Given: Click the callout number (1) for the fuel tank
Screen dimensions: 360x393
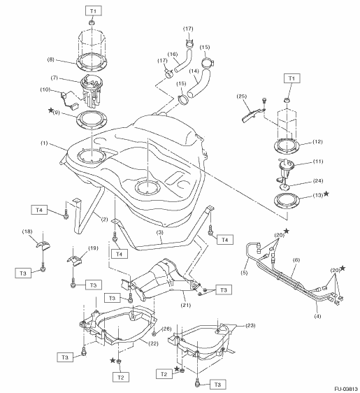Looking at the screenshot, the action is (x=44, y=143).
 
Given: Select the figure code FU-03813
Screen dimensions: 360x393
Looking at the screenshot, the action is (x=347, y=389).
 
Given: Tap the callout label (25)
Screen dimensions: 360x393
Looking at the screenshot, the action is (x=241, y=97).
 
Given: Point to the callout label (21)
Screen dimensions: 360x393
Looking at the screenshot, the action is (x=186, y=305).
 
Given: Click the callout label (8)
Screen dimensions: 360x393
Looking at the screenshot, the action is (x=50, y=59).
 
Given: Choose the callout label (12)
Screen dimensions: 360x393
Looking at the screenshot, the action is (x=317, y=142).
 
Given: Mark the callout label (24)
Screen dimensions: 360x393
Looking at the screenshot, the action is (x=318, y=180).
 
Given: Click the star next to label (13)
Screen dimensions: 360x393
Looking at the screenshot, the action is (x=326, y=194).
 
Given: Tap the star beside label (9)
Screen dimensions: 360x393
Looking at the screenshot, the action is (x=50, y=110).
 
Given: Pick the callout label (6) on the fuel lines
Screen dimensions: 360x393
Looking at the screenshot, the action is (x=296, y=260).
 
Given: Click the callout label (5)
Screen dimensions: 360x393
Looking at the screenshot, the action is (x=244, y=273).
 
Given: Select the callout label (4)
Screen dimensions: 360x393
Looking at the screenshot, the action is (x=317, y=316).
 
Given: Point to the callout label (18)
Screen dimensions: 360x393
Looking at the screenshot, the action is (x=27, y=231).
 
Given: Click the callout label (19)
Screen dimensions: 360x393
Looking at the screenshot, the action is (x=93, y=248).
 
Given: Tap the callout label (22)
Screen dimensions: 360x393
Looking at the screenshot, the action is (x=153, y=343).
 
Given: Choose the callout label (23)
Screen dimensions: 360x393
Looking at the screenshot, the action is (x=250, y=325).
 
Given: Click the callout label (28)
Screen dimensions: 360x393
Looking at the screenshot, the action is (x=166, y=329).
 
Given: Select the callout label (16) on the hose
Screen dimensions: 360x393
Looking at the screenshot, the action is (x=173, y=54).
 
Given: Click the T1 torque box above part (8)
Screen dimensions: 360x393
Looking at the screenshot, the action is (x=93, y=11).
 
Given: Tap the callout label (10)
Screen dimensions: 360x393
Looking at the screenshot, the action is (x=45, y=90).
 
